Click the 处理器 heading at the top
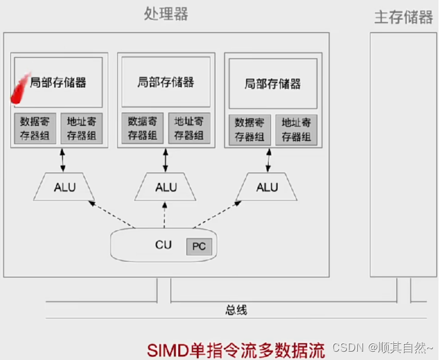click(166, 15)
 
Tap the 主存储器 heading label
click(403, 17)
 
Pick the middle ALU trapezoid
click(166, 187)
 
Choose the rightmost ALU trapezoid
click(267, 187)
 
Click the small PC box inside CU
click(198, 247)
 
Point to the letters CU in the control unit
click(163, 245)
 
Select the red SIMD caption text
click(236, 349)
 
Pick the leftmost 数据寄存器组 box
click(35, 129)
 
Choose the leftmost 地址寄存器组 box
click(81, 129)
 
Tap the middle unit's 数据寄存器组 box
click(142, 128)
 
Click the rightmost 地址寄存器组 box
click(296, 129)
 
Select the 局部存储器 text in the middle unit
click(165, 82)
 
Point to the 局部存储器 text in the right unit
click(273, 84)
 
